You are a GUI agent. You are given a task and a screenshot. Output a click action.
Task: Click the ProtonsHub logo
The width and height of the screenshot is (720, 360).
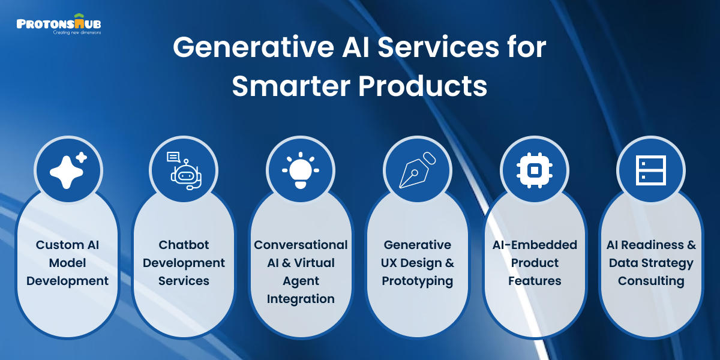(59, 24)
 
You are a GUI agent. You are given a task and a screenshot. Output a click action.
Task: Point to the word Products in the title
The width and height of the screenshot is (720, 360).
(422, 86)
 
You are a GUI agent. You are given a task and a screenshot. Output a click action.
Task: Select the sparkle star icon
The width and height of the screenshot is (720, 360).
(68, 170)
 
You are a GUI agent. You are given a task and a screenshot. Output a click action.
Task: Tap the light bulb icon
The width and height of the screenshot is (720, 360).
(300, 170)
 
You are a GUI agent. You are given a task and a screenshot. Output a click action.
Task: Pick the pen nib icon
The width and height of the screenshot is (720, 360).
(417, 170)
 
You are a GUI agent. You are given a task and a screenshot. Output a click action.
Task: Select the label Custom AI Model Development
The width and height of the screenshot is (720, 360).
(68, 263)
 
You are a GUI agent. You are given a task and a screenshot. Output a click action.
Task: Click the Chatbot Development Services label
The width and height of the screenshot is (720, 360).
(184, 263)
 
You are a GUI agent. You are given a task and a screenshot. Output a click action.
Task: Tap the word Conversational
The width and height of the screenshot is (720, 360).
(301, 245)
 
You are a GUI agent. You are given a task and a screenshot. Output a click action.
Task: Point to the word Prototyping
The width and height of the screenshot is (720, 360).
(418, 281)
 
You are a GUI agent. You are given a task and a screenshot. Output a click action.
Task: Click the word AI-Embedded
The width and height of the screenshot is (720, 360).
(534, 245)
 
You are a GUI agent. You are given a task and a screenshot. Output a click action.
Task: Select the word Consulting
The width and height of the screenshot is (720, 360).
(651, 281)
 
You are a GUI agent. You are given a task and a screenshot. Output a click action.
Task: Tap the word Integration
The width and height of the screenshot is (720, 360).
(301, 299)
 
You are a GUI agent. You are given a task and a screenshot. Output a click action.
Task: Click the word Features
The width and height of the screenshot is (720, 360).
(534, 281)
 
